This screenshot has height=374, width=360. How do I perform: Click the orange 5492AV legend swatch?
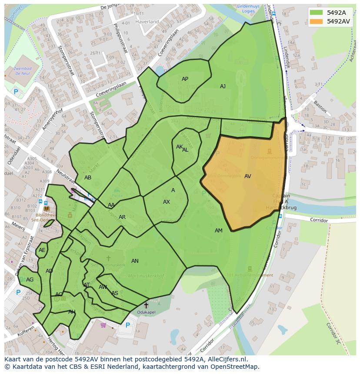point(317,21)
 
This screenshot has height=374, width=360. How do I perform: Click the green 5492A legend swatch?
point(317,13)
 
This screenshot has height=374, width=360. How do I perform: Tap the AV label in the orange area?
point(247,176)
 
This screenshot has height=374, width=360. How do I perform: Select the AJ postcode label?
point(223,86)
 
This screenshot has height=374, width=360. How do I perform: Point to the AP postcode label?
point(185,79)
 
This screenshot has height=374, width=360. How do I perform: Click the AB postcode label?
point(88,178)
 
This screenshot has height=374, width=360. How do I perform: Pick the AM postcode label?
point(218,231)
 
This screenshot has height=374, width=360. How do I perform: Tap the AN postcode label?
point(135,261)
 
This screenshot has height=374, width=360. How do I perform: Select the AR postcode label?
point(122,217)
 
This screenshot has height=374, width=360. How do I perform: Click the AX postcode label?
point(167,202)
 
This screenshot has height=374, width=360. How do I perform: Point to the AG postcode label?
point(30,280)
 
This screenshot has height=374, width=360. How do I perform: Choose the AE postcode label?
point(42,250)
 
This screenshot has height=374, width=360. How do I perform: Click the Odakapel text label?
point(146,312)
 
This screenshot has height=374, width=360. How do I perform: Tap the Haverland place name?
point(147,21)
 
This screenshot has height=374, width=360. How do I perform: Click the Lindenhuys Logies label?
point(249,9)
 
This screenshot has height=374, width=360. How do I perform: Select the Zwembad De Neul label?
point(22,71)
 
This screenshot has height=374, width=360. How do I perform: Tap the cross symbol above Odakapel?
point(146,305)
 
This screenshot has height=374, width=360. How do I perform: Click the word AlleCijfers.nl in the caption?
point(226,359)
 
